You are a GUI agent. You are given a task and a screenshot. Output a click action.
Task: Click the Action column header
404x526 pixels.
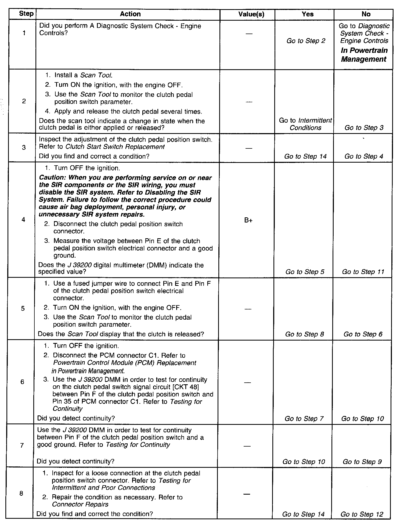(x=130, y=14)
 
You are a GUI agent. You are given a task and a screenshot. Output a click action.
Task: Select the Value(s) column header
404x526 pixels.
(x=251, y=14)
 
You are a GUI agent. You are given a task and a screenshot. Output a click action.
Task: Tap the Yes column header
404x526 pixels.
(x=307, y=14)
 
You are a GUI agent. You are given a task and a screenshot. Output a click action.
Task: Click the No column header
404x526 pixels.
(x=366, y=14)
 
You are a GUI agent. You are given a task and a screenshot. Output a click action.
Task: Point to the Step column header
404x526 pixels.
(x=26, y=14)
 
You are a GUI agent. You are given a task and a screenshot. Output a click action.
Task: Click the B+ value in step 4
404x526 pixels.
(x=248, y=221)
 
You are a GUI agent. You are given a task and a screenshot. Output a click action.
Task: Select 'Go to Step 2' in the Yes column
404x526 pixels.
(x=306, y=41)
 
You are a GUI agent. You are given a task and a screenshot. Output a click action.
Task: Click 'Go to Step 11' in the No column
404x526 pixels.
(x=363, y=272)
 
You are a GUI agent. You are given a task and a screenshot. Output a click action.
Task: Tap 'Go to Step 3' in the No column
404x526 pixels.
(x=364, y=128)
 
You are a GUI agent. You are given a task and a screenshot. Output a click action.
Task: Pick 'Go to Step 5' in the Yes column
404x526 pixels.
(x=305, y=272)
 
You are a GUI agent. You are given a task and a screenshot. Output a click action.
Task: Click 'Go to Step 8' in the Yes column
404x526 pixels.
(x=305, y=334)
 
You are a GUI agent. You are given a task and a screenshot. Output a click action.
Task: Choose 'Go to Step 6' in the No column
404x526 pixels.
(x=363, y=334)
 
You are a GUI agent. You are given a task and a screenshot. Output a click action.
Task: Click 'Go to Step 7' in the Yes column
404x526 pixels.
(x=304, y=419)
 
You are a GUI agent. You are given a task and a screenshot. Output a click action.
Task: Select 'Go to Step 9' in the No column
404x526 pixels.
(x=362, y=462)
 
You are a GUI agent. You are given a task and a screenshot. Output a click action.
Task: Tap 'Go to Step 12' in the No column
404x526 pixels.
(x=362, y=514)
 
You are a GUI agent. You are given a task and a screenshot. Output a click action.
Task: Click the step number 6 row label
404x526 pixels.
(x=22, y=382)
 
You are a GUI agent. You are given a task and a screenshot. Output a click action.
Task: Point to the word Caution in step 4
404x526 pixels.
(x=52, y=178)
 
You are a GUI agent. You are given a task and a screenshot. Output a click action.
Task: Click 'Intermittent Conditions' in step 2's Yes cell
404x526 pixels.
(x=306, y=124)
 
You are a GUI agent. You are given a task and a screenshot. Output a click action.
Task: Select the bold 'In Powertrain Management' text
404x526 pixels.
(x=364, y=55)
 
